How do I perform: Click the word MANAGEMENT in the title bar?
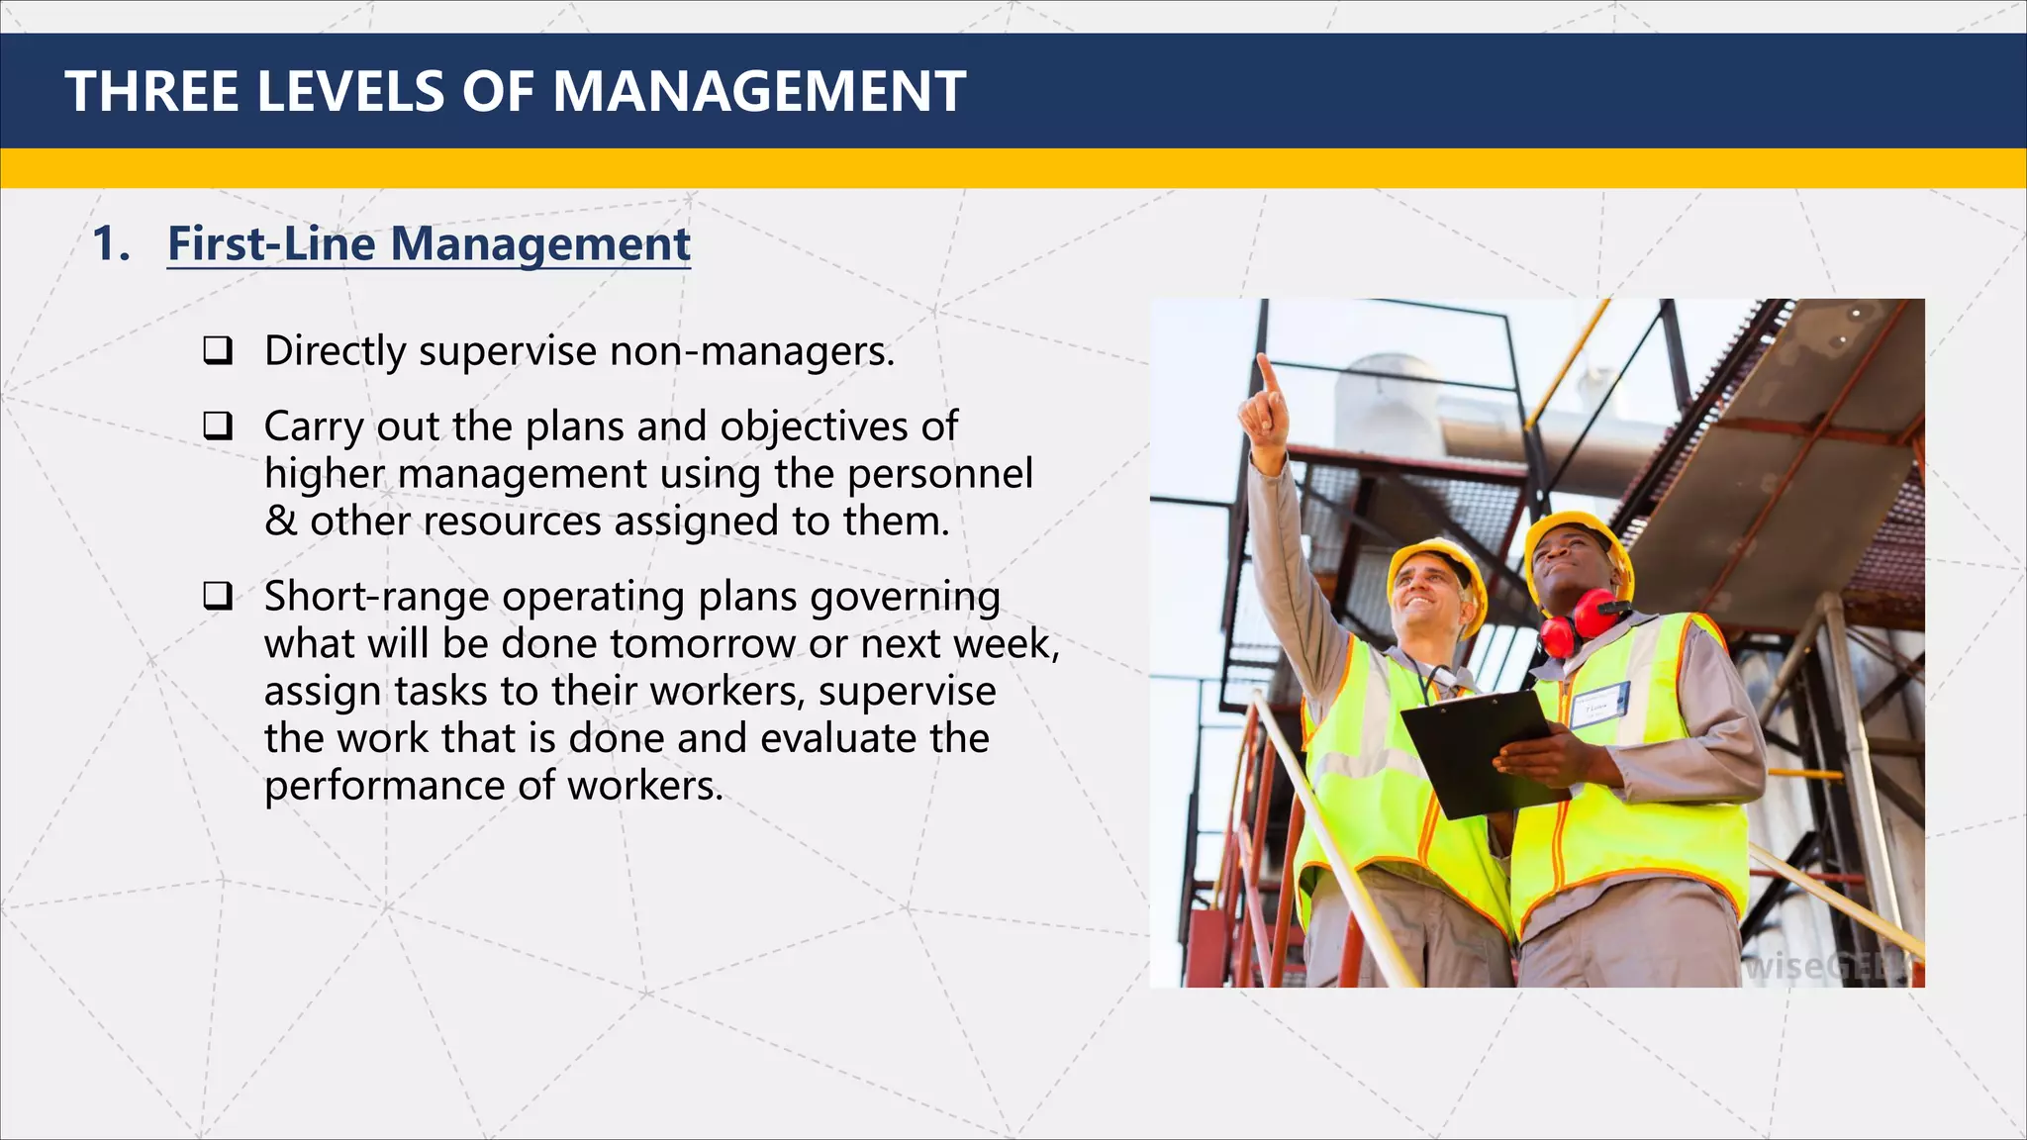coord(758,91)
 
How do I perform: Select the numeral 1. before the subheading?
coord(111,243)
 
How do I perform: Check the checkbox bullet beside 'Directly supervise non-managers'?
coord(218,350)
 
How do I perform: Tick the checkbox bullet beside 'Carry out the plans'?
coord(218,426)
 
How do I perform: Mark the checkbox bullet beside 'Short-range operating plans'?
coord(218,596)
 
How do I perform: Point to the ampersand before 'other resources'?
coord(280,522)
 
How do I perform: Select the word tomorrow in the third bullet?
coord(702,644)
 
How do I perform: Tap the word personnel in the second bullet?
coord(939,474)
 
